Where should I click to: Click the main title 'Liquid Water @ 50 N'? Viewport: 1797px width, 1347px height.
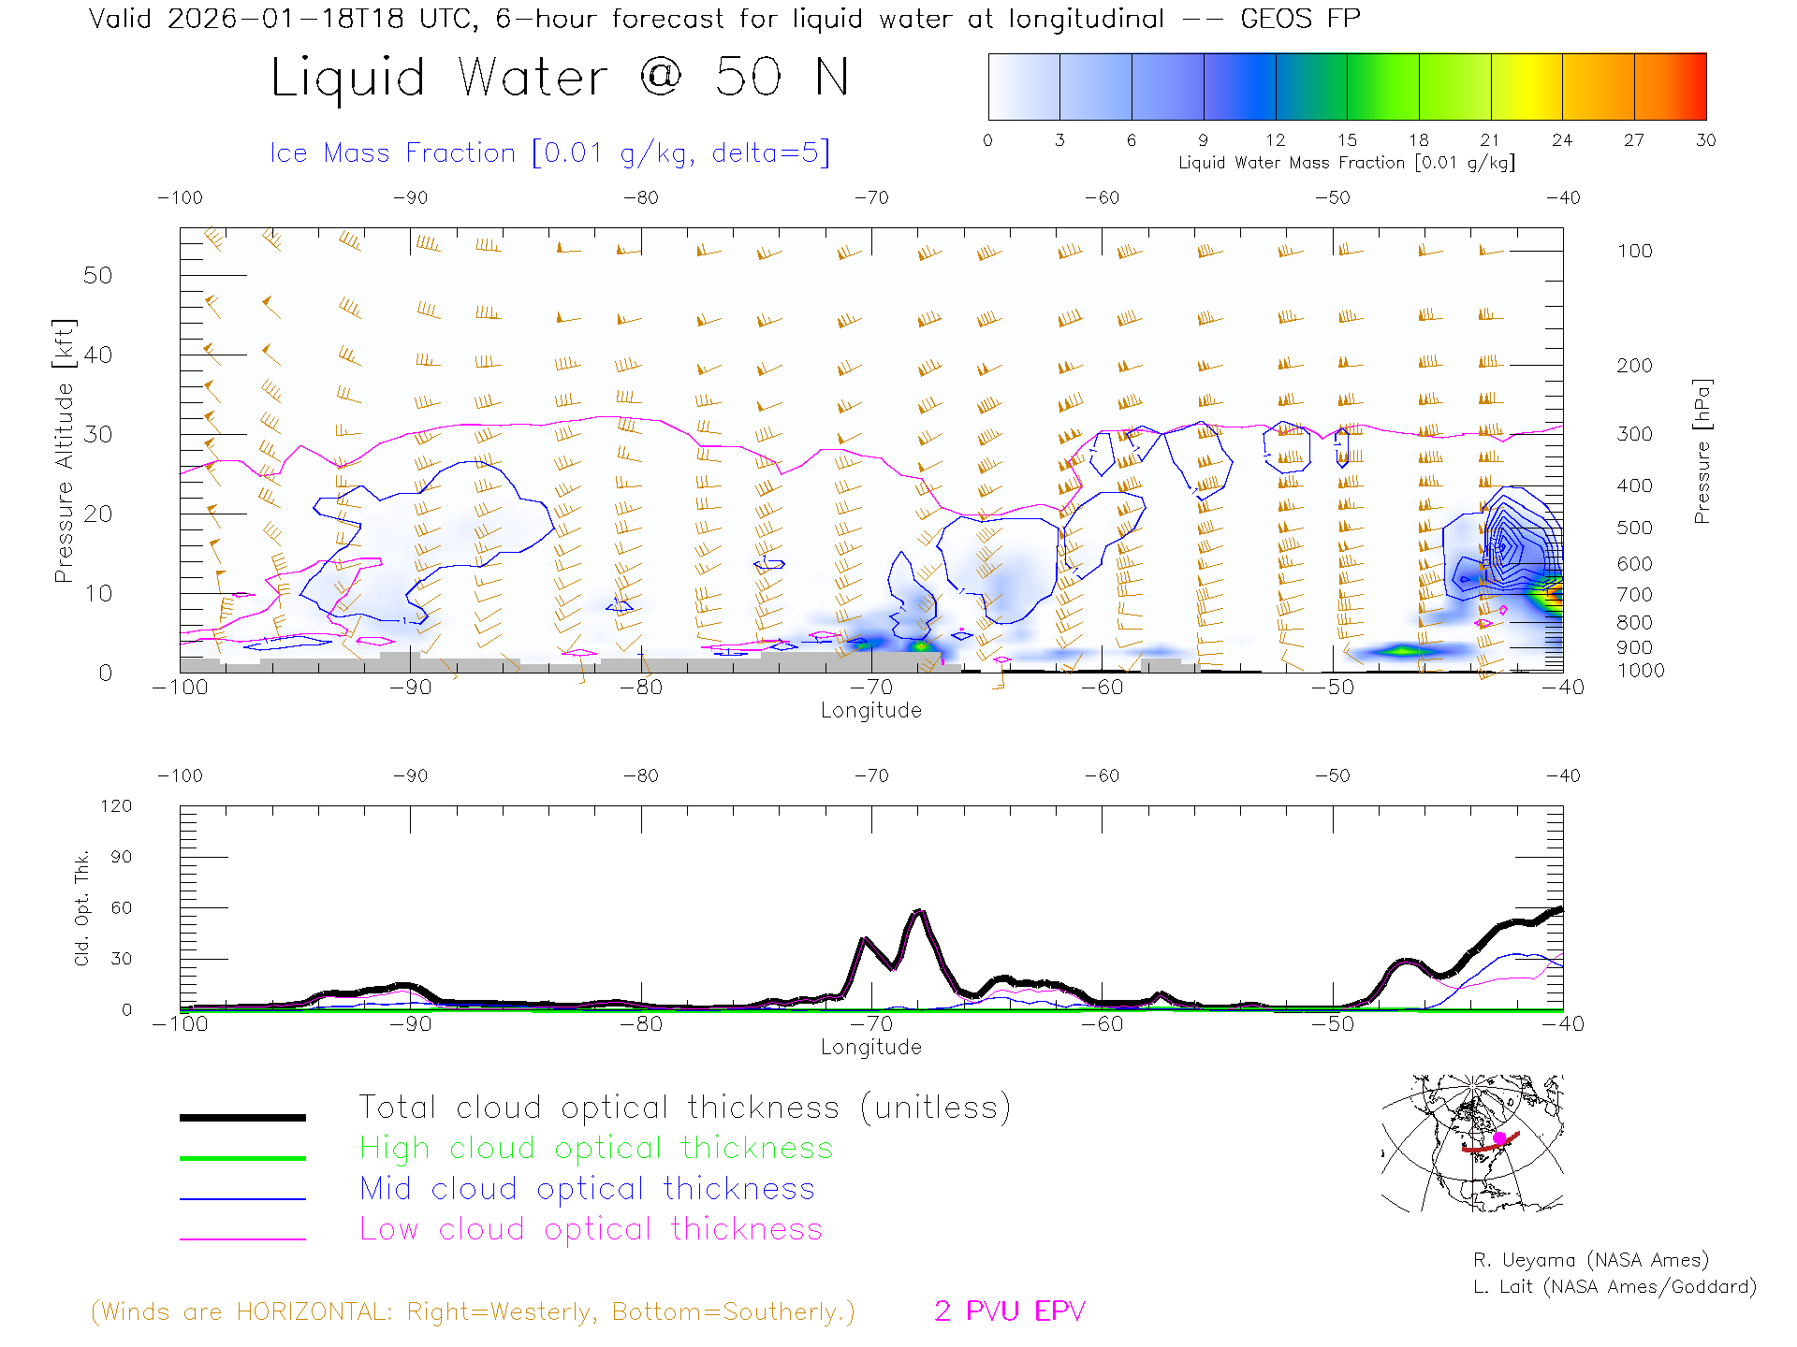[x=560, y=78]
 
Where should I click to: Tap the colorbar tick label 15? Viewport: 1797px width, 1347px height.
[x=1347, y=140]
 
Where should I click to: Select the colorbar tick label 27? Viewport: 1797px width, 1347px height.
[x=1634, y=140]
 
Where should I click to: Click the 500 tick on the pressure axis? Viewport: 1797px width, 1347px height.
[x=1634, y=528]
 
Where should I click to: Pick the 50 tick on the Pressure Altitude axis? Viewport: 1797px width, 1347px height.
[x=97, y=275]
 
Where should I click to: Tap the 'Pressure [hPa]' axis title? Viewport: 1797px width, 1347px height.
[x=1702, y=451]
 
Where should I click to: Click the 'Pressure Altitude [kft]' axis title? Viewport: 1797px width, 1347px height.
[x=64, y=451]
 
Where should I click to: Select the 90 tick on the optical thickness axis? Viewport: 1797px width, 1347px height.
[x=121, y=857]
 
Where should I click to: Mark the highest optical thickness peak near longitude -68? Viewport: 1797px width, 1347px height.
[x=919, y=910]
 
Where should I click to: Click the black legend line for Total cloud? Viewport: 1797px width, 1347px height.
[x=242, y=1117]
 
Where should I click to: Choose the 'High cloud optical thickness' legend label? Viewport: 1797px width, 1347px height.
[x=596, y=1148]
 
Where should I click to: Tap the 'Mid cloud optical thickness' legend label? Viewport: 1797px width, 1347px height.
[x=587, y=1189]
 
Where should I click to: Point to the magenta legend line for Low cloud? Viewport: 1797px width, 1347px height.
[x=242, y=1238]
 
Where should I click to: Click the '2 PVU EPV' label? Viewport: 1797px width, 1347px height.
[x=1009, y=1311]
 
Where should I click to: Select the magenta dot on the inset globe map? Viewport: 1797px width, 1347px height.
[x=1499, y=1137]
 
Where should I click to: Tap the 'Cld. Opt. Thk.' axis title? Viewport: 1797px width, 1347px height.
[x=82, y=907]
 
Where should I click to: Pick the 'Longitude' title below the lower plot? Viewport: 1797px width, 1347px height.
[x=870, y=1047]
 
